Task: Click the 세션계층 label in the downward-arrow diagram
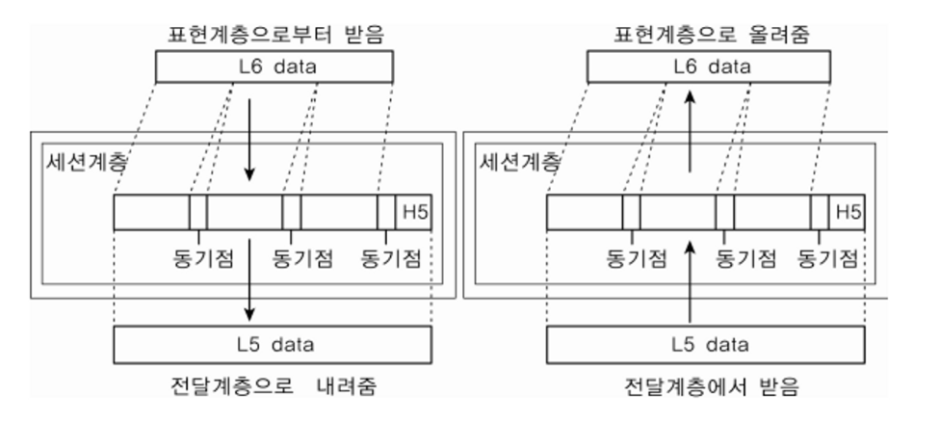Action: click(72, 160)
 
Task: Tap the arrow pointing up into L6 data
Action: click(690, 125)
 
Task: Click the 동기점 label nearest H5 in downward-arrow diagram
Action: click(390, 257)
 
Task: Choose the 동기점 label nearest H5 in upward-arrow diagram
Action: click(829, 257)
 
